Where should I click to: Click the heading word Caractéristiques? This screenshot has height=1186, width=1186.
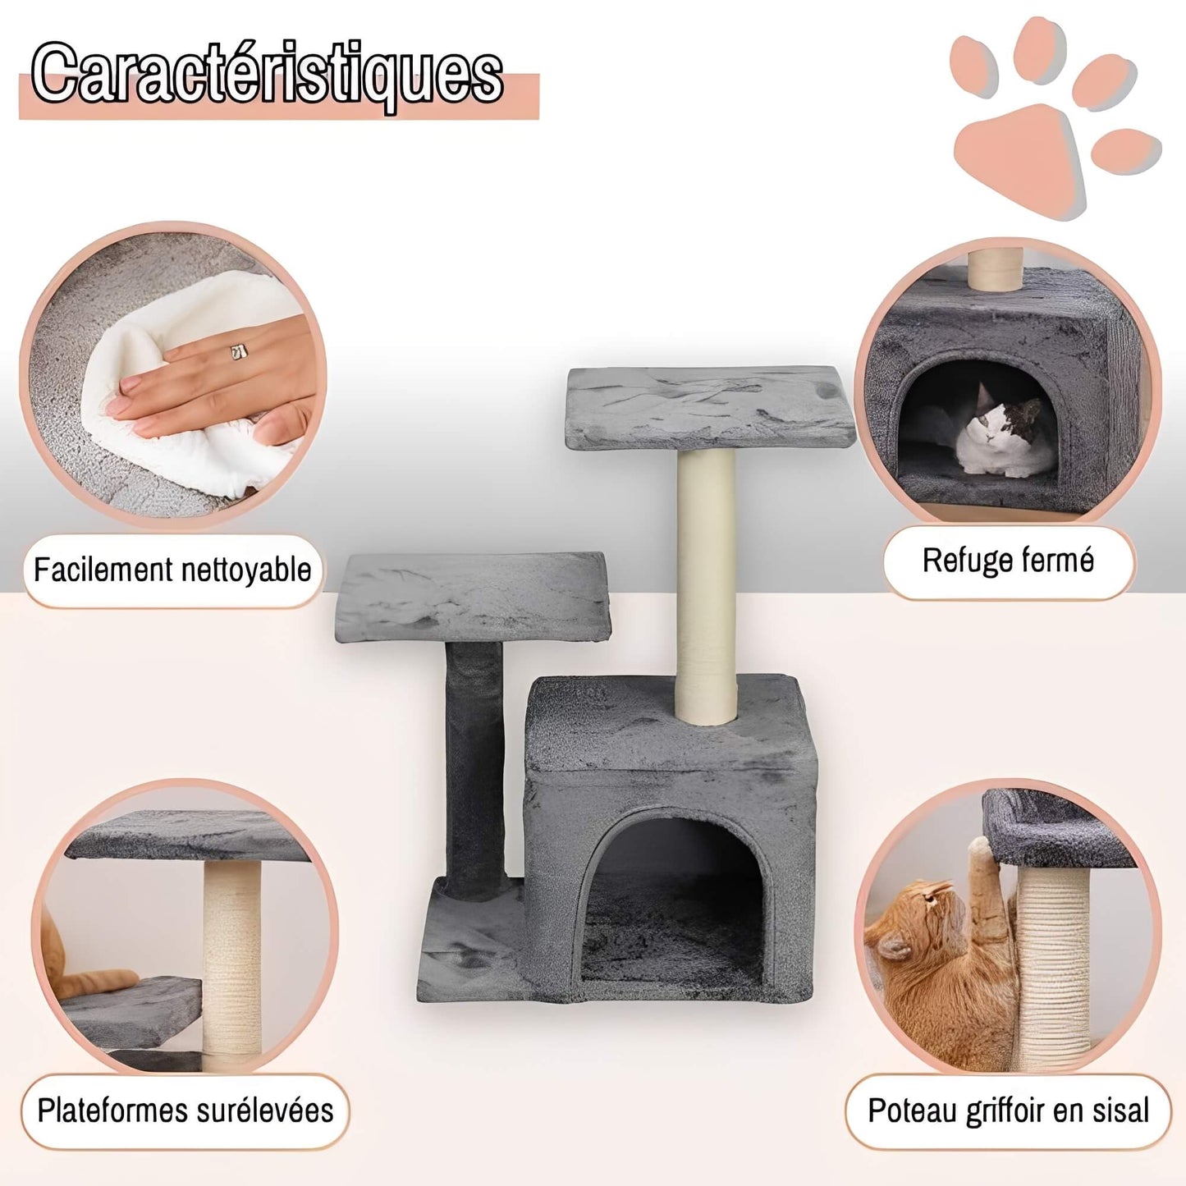(x=268, y=76)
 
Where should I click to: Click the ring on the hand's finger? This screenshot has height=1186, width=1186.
(x=239, y=351)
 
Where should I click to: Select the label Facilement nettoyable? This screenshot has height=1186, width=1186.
(x=172, y=570)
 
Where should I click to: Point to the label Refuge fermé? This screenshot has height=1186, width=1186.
(x=1008, y=561)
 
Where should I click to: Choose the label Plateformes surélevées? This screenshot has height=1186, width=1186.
(x=185, y=1110)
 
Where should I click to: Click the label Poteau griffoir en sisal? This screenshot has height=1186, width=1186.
(x=1008, y=1110)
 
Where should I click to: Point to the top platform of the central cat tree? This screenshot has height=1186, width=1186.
(x=710, y=406)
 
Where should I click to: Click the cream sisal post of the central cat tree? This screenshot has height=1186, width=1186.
(x=705, y=583)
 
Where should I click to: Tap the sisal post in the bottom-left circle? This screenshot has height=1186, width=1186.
(x=231, y=960)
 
